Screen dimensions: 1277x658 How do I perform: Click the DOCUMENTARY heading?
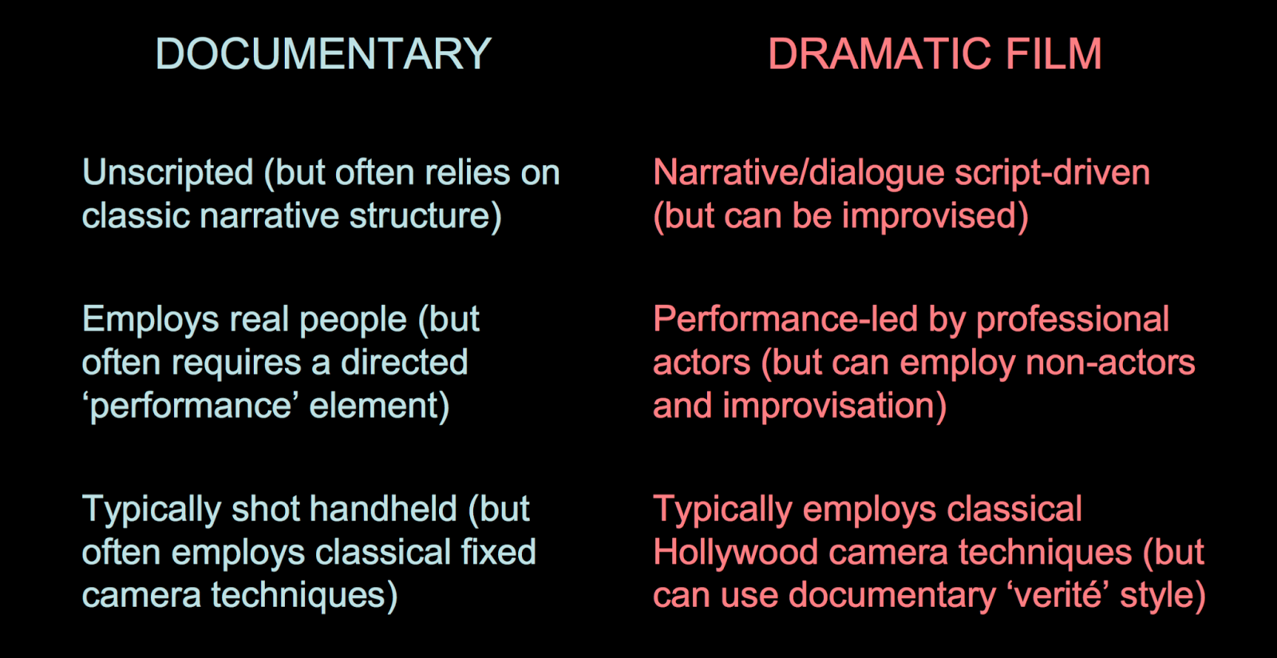pos(323,54)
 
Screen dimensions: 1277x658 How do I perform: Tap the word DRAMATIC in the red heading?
pos(879,54)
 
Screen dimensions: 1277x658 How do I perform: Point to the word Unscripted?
pos(168,173)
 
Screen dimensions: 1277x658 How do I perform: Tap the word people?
pos(353,320)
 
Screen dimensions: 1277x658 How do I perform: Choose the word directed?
pos(404,363)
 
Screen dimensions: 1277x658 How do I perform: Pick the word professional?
pos(1073,320)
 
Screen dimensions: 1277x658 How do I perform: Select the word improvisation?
pos(834,406)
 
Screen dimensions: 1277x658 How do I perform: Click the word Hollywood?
pos(735,552)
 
